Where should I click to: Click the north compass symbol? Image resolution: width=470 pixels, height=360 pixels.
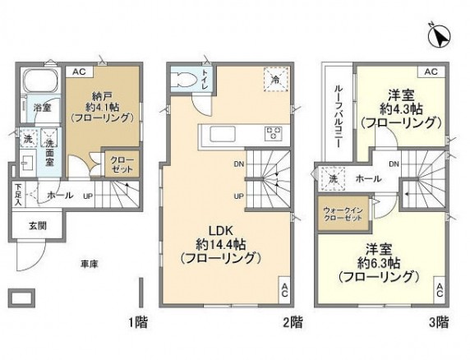pos(437,36)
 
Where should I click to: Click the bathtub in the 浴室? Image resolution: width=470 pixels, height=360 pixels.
pos(36,85)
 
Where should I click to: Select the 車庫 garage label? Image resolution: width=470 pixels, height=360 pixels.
pos(90,264)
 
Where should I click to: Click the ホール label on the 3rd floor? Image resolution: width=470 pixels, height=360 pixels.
pos(368,178)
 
